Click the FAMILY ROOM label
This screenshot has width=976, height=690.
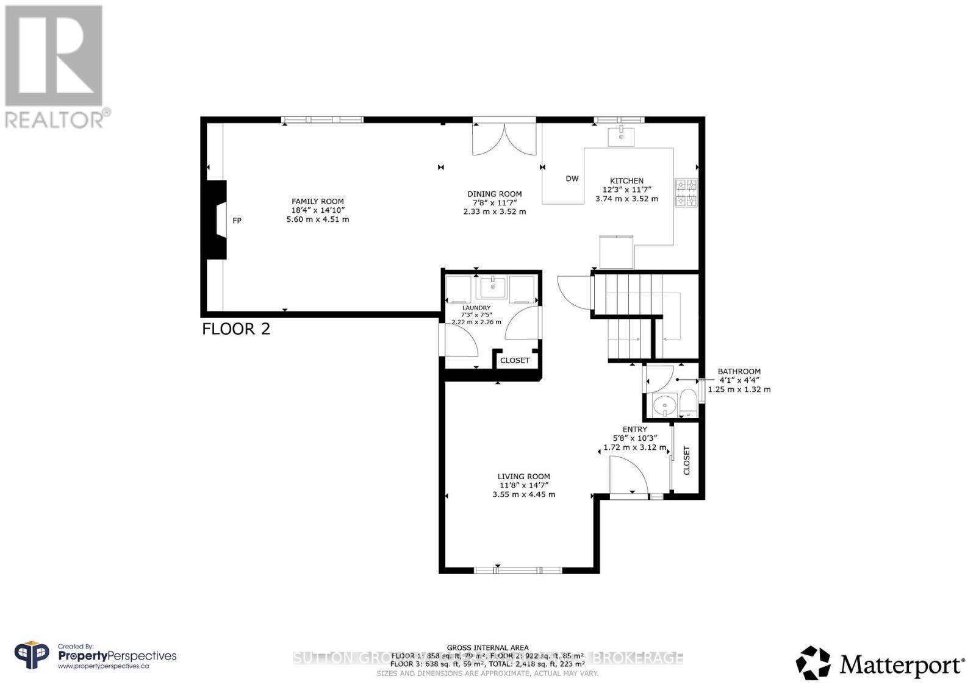tap(317, 201)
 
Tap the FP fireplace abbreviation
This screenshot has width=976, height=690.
tap(237, 221)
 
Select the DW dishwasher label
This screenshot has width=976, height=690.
tap(572, 179)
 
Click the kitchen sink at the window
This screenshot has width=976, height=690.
tap(621, 137)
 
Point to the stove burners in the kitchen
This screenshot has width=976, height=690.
tap(686, 193)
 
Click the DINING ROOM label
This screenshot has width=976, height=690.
tap(494, 194)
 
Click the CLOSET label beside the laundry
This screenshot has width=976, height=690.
tap(515, 360)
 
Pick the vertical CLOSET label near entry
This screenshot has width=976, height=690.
tap(686, 460)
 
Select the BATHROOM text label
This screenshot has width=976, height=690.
tap(739, 371)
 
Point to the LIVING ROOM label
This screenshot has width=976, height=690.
tap(523, 477)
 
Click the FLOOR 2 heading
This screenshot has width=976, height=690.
tap(236, 329)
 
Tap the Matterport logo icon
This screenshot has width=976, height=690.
tap(813, 663)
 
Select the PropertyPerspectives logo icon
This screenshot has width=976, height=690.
tap(32, 656)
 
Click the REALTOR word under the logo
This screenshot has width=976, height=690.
tap(55, 119)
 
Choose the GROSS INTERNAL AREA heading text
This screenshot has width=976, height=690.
tap(487, 648)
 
